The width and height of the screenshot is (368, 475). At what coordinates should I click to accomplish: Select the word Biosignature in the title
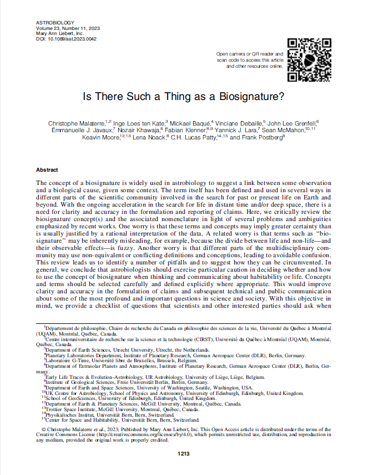click(254, 96)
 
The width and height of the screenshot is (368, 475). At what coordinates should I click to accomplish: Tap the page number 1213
click(184, 454)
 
